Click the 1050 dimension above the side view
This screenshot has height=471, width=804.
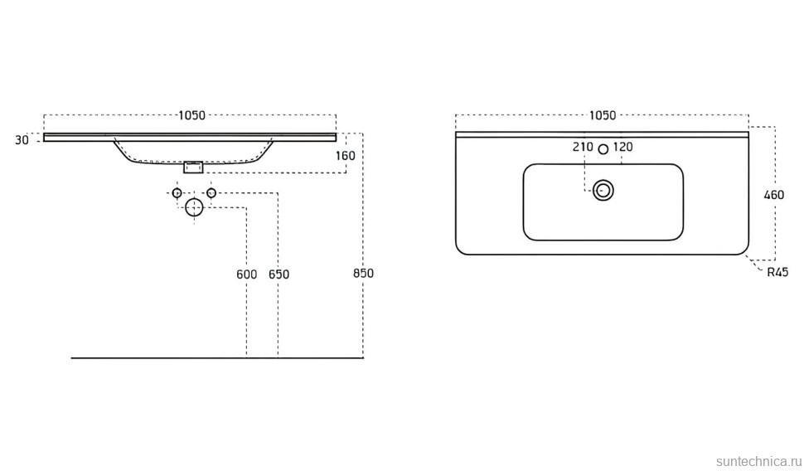pos(191,116)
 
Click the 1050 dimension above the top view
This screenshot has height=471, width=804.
pos(602,116)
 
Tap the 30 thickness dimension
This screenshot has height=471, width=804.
pos(22,140)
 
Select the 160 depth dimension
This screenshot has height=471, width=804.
pos(345,156)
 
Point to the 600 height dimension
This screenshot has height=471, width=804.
pos(246,274)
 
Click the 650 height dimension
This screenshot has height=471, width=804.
pos(278,274)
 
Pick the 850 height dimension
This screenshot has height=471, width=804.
pos(363,274)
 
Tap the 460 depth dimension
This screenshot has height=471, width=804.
pos(773,196)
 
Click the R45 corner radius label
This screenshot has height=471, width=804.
pos(777,271)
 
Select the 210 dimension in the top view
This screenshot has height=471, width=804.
pos(583,147)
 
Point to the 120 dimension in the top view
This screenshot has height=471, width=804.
pos(623,147)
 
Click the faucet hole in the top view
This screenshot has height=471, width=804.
pos(603,148)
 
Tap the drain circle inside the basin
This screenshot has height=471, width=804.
pos(603,191)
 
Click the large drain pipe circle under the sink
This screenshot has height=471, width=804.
pos(194,207)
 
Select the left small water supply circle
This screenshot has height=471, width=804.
pos(177,193)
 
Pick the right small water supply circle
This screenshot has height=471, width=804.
pos(211,193)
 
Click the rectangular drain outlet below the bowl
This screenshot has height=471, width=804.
pos(193,167)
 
